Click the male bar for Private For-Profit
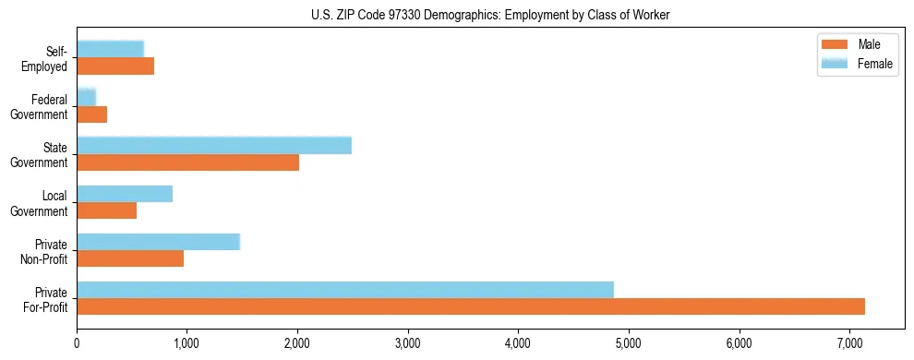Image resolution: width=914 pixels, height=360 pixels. click(x=471, y=306)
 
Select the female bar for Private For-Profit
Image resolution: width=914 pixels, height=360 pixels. click(x=345, y=290)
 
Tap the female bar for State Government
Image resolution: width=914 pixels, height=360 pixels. click(x=214, y=146)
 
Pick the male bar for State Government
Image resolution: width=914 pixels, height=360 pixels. click(x=187, y=162)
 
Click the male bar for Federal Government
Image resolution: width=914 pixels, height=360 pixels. click(x=91, y=114)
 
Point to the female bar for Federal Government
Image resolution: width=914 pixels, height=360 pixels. click(x=86, y=97)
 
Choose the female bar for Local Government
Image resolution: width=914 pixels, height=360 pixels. click(x=125, y=194)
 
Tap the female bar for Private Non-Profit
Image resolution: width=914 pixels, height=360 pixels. click(x=158, y=242)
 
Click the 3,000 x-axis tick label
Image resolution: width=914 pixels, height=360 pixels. click(x=408, y=343)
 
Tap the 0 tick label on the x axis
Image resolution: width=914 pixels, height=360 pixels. click(x=77, y=343)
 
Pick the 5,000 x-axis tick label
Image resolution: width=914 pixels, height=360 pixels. click(x=629, y=343)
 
